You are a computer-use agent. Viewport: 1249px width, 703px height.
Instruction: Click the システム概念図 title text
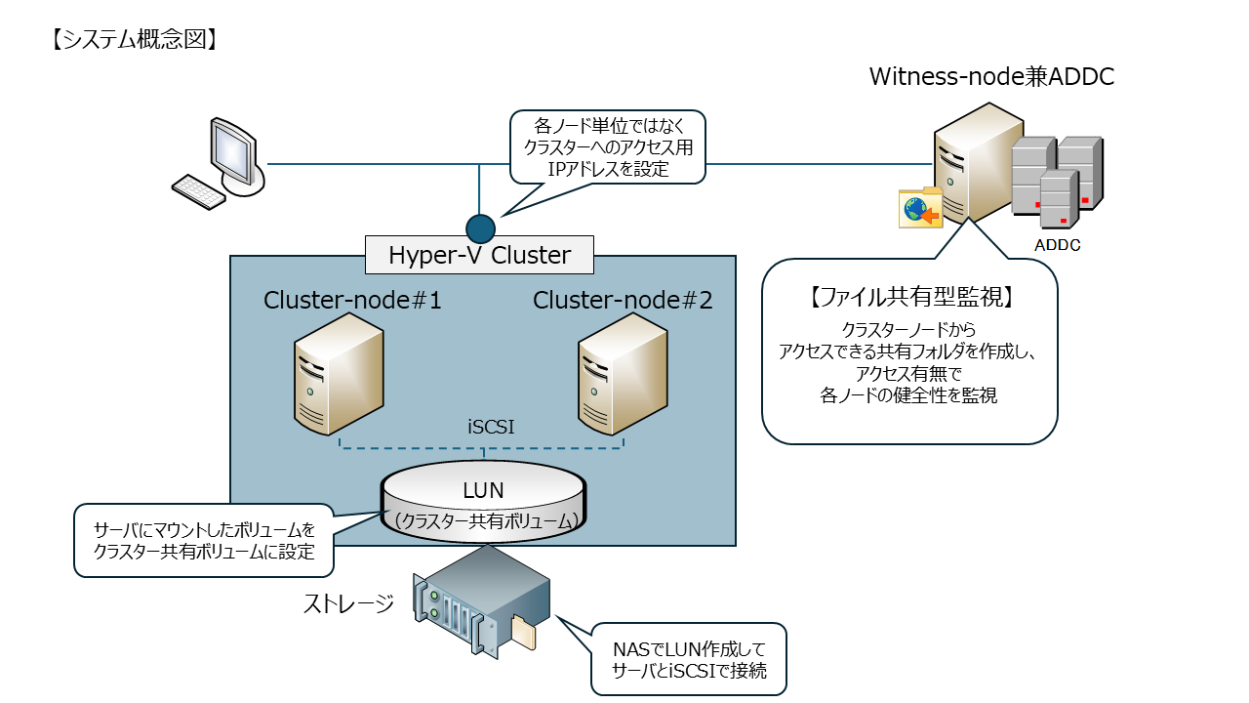[131, 40]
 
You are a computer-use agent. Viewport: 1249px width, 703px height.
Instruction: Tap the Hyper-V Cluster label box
[479, 256]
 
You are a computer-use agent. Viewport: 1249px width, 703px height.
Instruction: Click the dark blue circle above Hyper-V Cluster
[480, 228]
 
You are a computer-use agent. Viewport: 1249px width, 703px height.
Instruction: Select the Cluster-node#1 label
[352, 301]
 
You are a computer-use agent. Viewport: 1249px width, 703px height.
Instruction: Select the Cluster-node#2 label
[623, 301]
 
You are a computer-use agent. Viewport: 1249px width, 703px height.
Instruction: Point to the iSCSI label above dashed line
[491, 427]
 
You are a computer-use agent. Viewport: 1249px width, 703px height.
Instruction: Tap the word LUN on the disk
[483, 490]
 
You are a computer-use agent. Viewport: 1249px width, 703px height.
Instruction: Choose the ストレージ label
[348, 603]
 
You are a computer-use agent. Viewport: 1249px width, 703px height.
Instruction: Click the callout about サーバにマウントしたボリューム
[204, 540]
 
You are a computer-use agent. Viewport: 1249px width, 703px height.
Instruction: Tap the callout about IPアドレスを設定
[607, 146]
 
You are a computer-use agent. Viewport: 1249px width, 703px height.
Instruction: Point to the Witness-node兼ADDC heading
[991, 77]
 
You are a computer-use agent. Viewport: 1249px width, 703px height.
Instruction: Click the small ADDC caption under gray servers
[1057, 245]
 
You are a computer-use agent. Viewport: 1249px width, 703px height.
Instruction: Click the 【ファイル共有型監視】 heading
[907, 295]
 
